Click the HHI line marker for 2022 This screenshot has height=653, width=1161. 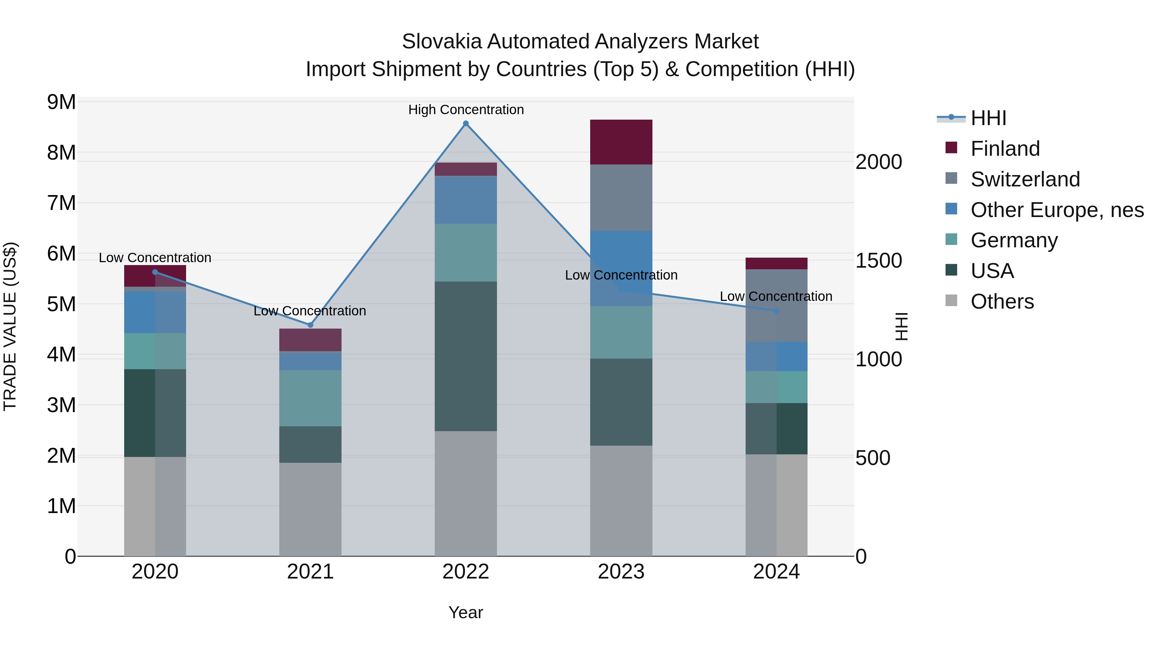[x=466, y=124]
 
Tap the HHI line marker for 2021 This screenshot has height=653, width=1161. [x=310, y=325]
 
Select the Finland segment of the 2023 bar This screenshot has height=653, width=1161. [x=621, y=142]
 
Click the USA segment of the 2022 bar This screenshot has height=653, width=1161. [x=466, y=356]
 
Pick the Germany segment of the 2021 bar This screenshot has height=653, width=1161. [x=310, y=398]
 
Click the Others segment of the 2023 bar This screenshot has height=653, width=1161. [x=621, y=500]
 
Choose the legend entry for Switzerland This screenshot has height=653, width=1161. [x=1025, y=179]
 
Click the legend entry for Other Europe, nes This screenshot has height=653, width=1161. [x=1057, y=210]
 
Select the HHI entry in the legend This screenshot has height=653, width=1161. [x=988, y=118]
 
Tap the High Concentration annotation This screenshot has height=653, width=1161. [x=466, y=110]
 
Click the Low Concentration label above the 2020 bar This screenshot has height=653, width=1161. [x=155, y=258]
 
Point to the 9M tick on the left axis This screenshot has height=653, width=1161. [x=62, y=102]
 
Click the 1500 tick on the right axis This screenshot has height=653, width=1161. [x=878, y=261]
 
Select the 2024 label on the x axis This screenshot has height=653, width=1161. [x=776, y=572]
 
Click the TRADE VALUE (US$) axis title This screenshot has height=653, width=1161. [x=10, y=326]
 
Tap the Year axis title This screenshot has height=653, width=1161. [x=466, y=612]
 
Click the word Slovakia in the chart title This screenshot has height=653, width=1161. [x=442, y=42]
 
